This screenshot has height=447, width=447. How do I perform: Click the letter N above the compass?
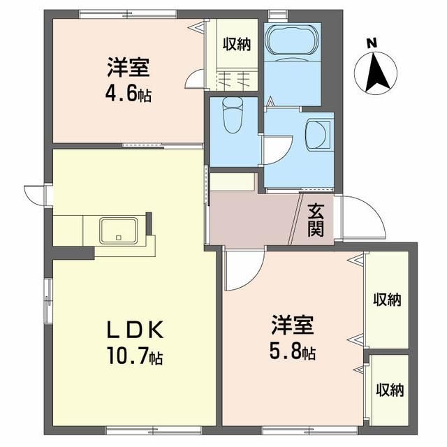pos(372,43)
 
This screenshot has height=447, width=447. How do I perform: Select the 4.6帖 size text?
pos(130,94)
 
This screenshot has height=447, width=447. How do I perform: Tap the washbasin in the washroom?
pos(318,133)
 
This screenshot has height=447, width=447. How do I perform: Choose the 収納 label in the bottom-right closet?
pos(390,390)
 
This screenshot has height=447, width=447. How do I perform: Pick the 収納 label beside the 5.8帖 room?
pos(386,300)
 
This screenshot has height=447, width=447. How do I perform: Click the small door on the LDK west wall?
pos(34,194)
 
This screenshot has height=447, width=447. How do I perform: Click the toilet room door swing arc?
pos(277,150)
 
